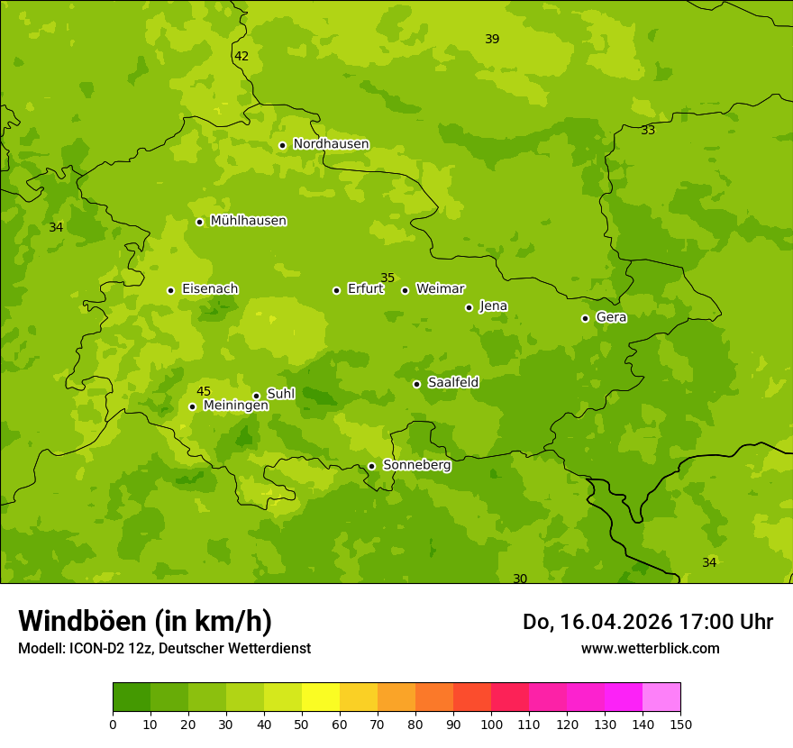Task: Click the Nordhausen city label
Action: coord(331,144)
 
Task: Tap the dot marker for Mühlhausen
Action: coord(200,222)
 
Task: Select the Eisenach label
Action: coord(210,289)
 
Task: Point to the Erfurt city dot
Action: coord(336,290)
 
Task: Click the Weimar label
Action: coord(440,289)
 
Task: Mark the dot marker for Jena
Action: coord(469,307)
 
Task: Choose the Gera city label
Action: coord(611,317)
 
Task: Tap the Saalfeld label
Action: coord(452,383)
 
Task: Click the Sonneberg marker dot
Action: coord(371,466)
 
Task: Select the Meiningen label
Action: coord(235,406)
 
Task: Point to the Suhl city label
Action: coord(281,394)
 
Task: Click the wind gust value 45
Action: coord(204,391)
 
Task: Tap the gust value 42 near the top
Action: coord(242,56)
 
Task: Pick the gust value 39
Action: coord(492,39)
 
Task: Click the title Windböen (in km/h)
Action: coord(145,621)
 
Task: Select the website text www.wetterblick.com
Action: coord(650,648)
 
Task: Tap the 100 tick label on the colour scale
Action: coord(491,724)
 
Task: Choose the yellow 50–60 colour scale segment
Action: coord(321,698)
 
